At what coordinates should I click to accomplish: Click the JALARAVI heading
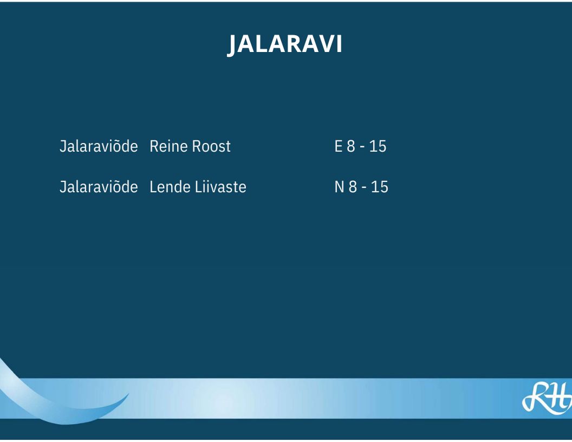(x=284, y=44)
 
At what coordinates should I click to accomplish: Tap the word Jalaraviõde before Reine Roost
(x=99, y=146)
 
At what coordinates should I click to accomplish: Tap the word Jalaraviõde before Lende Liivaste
(x=99, y=187)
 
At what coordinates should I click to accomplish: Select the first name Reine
(x=169, y=146)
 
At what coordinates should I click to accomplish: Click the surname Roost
(x=212, y=146)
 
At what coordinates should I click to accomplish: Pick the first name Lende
(x=170, y=187)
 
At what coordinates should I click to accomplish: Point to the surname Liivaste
(x=220, y=187)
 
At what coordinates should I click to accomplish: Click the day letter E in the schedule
(x=339, y=146)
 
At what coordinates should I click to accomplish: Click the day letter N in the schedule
(x=339, y=187)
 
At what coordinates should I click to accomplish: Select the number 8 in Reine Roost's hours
(x=351, y=146)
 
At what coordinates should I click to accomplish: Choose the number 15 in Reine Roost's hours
(x=378, y=146)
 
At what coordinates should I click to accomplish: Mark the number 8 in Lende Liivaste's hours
(x=353, y=187)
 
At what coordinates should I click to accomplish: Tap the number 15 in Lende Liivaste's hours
(x=379, y=187)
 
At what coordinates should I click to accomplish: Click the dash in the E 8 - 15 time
(x=362, y=147)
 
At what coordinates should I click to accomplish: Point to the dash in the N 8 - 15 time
(x=364, y=188)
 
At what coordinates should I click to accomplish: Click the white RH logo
(x=547, y=398)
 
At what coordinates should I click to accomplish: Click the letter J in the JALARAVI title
(x=232, y=45)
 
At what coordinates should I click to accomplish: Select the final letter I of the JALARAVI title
(x=339, y=44)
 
